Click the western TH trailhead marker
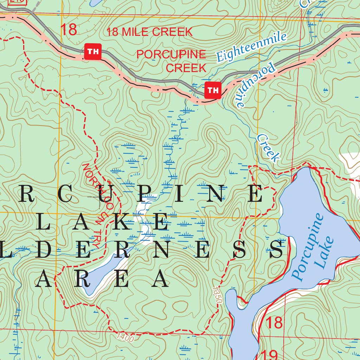pyautogui.click(x=93, y=52)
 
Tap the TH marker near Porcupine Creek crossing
pyautogui.click(x=213, y=90)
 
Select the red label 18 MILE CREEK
pyautogui.click(x=150, y=32)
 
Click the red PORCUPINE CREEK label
pyautogui.click(x=171, y=60)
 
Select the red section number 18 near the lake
pyautogui.click(x=274, y=323)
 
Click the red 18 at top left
pyautogui.click(x=69, y=30)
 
